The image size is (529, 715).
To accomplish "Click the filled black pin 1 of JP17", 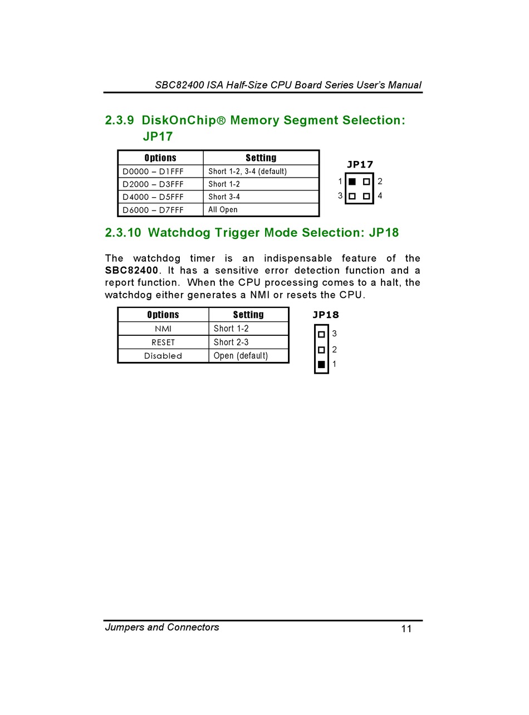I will [352, 182].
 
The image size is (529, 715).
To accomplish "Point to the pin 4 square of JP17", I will [366, 196].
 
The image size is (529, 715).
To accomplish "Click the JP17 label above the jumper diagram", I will [360, 164].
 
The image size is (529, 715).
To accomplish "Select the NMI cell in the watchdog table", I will [163, 329].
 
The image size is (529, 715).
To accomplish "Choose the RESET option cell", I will [163, 342].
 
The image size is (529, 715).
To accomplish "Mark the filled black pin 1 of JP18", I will [321, 365].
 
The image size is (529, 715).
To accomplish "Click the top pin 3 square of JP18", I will [321, 335].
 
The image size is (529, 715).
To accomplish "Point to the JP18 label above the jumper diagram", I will [325, 315].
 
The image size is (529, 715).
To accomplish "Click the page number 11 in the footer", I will [406, 629].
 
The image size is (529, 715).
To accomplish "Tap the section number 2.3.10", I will [123, 233].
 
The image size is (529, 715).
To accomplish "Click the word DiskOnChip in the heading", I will [178, 120].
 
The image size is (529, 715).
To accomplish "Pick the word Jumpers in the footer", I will [124, 628].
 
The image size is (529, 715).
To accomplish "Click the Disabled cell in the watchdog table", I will [163, 356].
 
